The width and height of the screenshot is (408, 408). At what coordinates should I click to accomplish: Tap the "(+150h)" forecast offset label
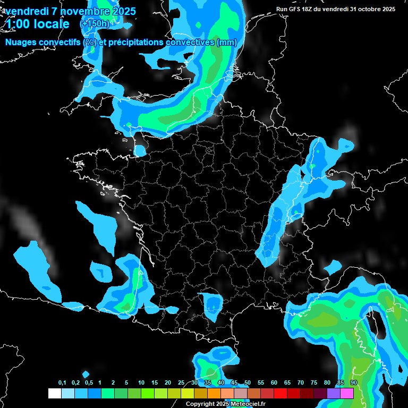click(95, 24)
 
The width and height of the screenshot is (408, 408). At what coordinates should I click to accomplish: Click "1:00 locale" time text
click(38, 24)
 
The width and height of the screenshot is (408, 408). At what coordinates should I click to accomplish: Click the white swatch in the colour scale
click(54, 393)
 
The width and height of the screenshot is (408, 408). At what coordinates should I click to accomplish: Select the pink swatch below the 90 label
click(347, 393)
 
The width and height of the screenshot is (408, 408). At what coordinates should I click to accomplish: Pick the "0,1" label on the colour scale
click(62, 383)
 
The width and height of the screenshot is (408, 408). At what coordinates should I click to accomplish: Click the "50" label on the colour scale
click(248, 383)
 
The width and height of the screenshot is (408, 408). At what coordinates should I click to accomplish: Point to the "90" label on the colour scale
click(354, 383)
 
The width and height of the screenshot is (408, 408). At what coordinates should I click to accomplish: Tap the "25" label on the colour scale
click(181, 383)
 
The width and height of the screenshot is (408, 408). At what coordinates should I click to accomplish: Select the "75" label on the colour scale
click(314, 383)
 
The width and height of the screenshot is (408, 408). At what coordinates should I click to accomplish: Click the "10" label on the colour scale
click(141, 383)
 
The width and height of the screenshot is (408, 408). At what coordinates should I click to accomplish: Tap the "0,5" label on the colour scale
click(89, 383)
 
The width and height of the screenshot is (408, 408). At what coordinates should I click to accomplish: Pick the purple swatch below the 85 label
click(334, 393)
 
